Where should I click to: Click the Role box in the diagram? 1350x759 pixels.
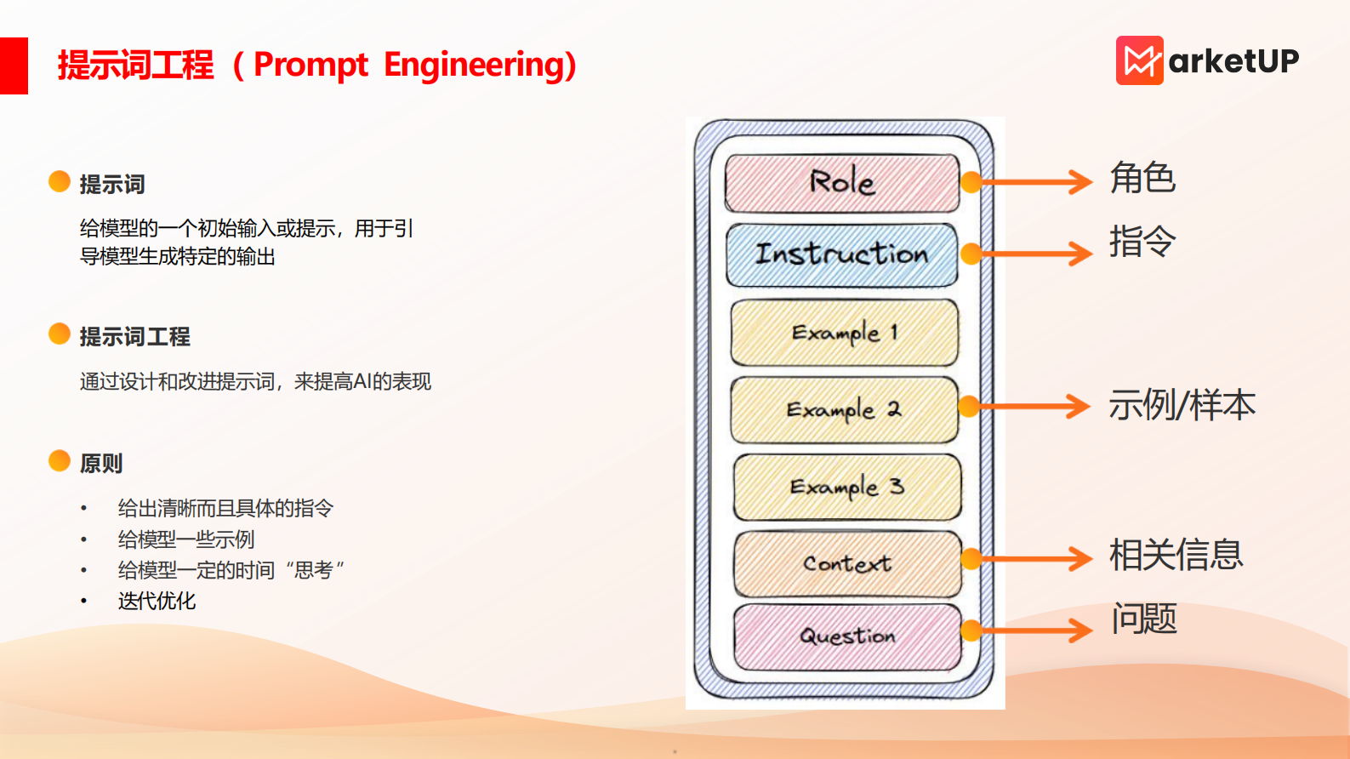pyautogui.click(x=841, y=182)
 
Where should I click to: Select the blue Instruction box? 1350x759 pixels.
pyautogui.click(x=841, y=254)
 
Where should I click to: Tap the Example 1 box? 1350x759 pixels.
pyautogui.click(x=844, y=333)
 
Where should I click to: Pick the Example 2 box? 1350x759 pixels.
pyautogui.click(x=844, y=409)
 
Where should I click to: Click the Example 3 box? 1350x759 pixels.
pyautogui.click(x=846, y=487)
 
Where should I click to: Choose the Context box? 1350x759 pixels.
pyautogui.click(x=847, y=563)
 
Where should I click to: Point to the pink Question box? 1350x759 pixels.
pyautogui.click(x=847, y=636)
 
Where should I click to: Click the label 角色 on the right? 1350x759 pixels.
pyautogui.click(x=1142, y=178)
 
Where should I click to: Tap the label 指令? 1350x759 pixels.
pyautogui.click(x=1142, y=242)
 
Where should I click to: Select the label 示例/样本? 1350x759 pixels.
pyautogui.click(x=1182, y=405)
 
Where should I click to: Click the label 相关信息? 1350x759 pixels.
pyautogui.click(x=1176, y=555)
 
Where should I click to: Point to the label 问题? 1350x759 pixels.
pyautogui.click(x=1144, y=619)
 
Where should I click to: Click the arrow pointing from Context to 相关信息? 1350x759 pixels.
pyautogui.click(x=1034, y=559)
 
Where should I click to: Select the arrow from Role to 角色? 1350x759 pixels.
pyautogui.click(x=1034, y=181)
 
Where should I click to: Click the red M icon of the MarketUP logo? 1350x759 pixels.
pyautogui.click(x=1139, y=60)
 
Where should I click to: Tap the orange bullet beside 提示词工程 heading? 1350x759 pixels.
pyautogui.click(x=60, y=334)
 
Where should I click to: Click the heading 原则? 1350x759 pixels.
pyautogui.click(x=101, y=464)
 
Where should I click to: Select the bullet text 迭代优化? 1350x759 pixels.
pyautogui.click(x=157, y=601)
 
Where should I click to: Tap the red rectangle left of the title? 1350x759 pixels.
pyautogui.click(x=14, y=66)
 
